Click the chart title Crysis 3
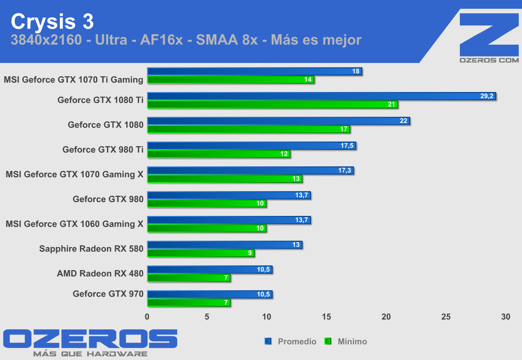[x=52, y=22]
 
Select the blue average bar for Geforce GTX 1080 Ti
[x=321, y=96]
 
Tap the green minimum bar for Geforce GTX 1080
[x=248, y=129]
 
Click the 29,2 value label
[x=487, y=96]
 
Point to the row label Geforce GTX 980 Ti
[x=103, y=150]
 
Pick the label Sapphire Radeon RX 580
[x=91, y=249]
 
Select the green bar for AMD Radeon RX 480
[x=189, y=278]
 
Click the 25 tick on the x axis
[x=446, y=317]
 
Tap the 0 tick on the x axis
[x=147, y=317]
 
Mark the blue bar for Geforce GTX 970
[x=210, y=294]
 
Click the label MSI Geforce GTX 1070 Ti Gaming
[x=73, y=80]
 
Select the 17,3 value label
[x=344, y=170]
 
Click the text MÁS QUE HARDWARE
[x=90, y=354]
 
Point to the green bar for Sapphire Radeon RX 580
[x=201, y=253]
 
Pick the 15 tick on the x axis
[x=327, y=317]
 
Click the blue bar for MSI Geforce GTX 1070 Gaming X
[x=250, y=170]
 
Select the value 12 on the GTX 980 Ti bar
[x=284, y=154]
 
